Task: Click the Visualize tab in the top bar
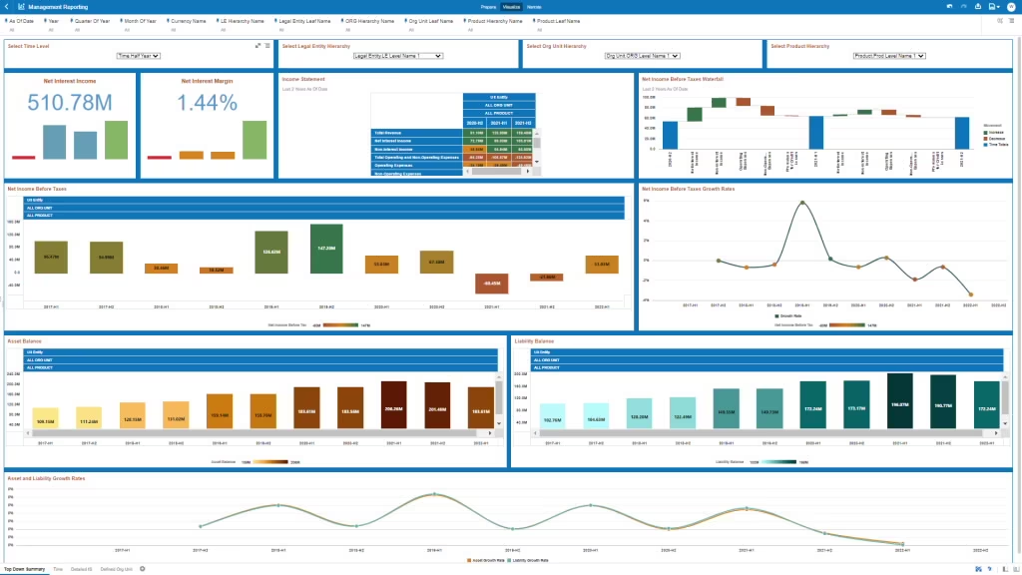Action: click(x=510, y=7)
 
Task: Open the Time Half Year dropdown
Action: click(x=138, y=57)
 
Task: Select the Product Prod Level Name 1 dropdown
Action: click(x=888, y=57)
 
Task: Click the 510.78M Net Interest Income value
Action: click(x=70, y=102)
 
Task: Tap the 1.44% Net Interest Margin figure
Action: click(x=207, y=102)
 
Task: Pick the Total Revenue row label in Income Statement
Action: click(x=389, y=132)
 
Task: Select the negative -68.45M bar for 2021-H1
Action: click(x=492, y=284)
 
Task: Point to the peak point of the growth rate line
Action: click(x=802, y=203)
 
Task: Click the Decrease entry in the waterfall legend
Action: click(x=994, y=137)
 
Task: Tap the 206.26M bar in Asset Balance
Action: click(x=393, y=407)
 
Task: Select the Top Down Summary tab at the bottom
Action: click(x=24, y=569)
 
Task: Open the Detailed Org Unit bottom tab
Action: click(x=117, y=569)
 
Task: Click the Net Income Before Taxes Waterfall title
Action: click(x=682, y=78)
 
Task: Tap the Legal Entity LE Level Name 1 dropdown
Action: click(x=397, y=57)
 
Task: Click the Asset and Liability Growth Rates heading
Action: click(x=46, y=478)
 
